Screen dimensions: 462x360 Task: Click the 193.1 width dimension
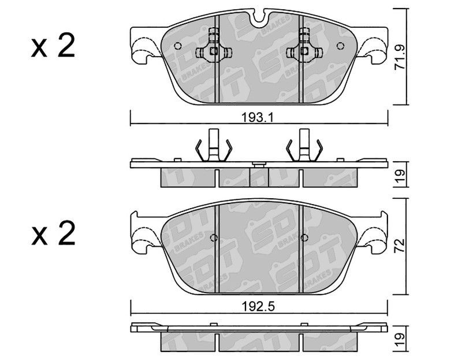(x=258, y=118)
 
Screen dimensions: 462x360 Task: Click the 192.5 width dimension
(x=258, y=307)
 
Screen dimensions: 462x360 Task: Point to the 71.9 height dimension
(x=400, y=57)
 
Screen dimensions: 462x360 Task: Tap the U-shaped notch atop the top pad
(x=258, y=17)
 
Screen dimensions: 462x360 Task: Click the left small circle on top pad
(x=178, y=46)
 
